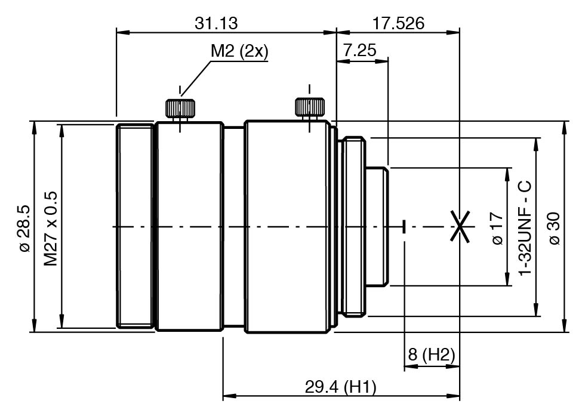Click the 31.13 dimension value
[216, 23]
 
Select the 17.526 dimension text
[399, 23]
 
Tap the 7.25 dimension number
[359, 50]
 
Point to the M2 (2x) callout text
[239, 51]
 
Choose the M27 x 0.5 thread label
[51, 229]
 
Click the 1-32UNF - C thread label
[525, 228]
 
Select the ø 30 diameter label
[555, 229]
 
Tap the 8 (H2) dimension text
[432, 354]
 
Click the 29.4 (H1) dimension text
[341, 387]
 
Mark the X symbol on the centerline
[460, 226]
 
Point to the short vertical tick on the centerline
[404, 226]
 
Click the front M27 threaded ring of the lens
[135, 226]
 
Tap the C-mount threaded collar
[353, 226]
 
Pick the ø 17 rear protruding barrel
[377, 226]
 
